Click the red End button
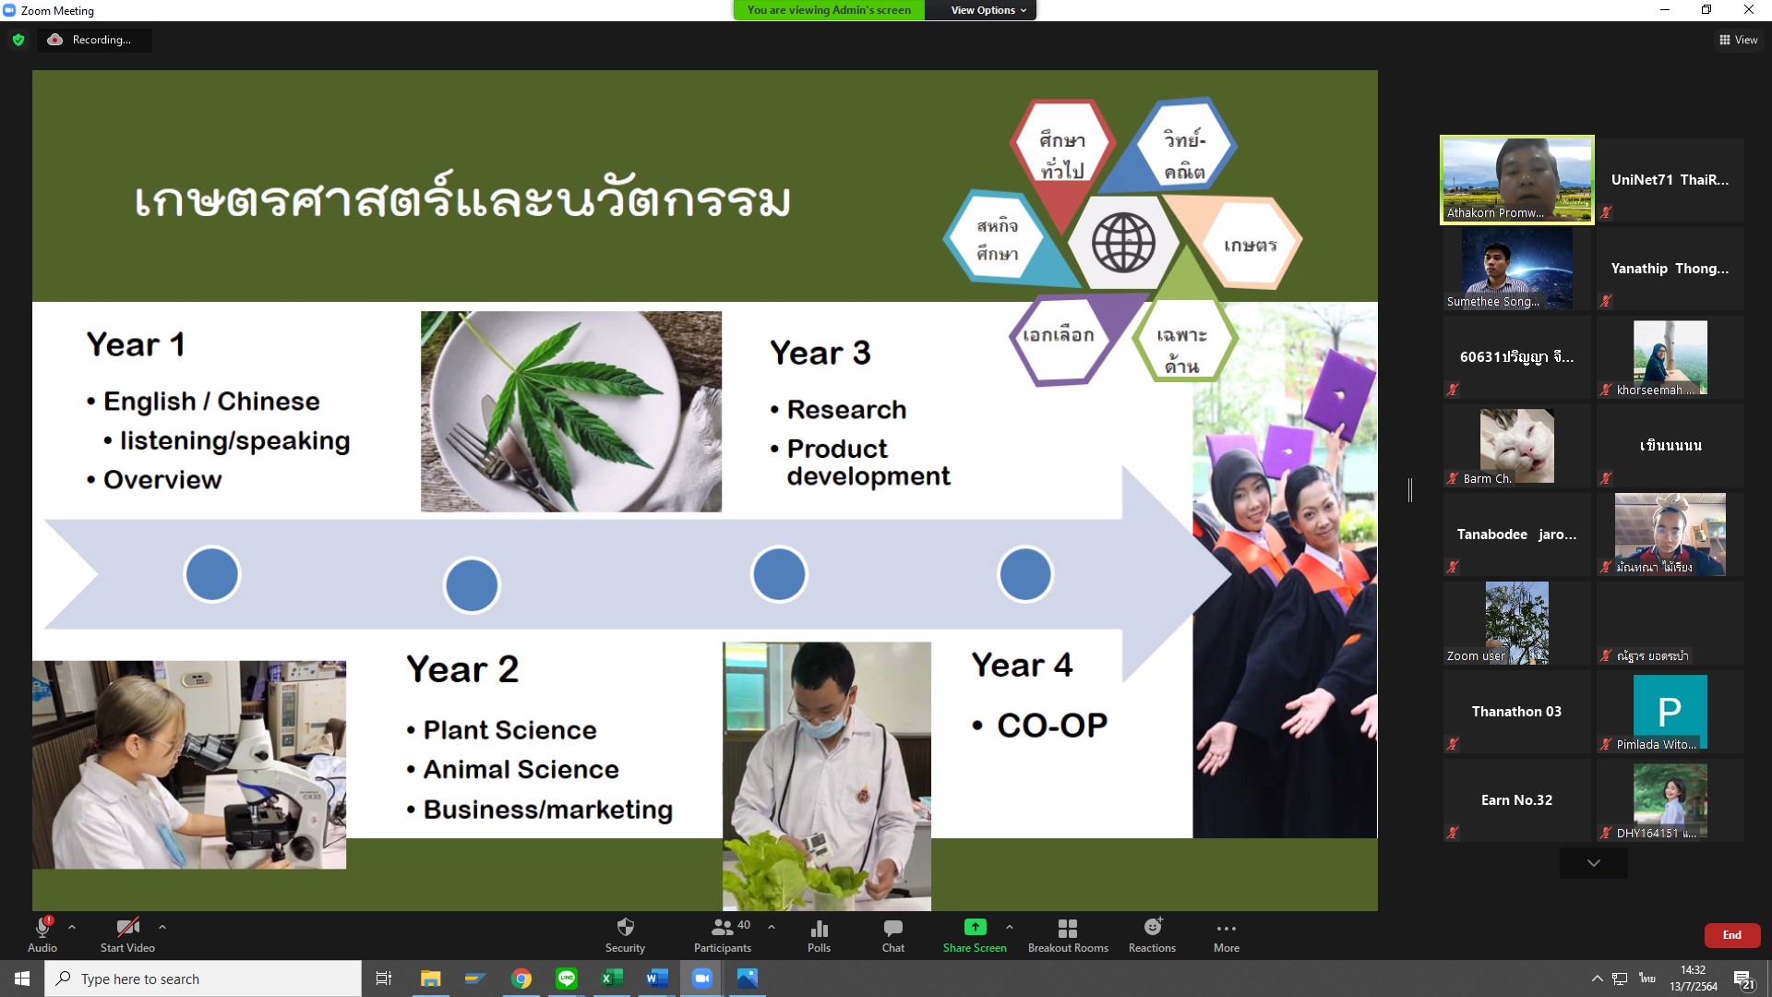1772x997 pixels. tap(1731, 935)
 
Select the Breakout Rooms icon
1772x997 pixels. tap(1068, 928)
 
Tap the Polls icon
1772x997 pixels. tap(819, 928)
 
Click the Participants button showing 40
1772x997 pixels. tap(724, 935)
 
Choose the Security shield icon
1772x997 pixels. tap(625, 927)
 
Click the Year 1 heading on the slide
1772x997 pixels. tap(136, 344)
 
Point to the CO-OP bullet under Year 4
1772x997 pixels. tap(1040, 726)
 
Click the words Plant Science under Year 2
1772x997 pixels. tap(509, 730)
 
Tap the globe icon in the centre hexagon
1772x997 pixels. tap(1123, 243)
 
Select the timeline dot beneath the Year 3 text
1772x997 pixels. tap(779, 574)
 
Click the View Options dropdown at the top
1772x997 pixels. tap(988, 10)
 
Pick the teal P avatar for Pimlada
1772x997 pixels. tap(1670, 711)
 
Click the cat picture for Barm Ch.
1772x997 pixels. tap(1516, 446)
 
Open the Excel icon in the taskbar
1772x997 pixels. tap(611, 979)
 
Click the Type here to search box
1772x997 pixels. tap(203, 979)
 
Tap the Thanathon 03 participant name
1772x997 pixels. tap(1516, 712)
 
